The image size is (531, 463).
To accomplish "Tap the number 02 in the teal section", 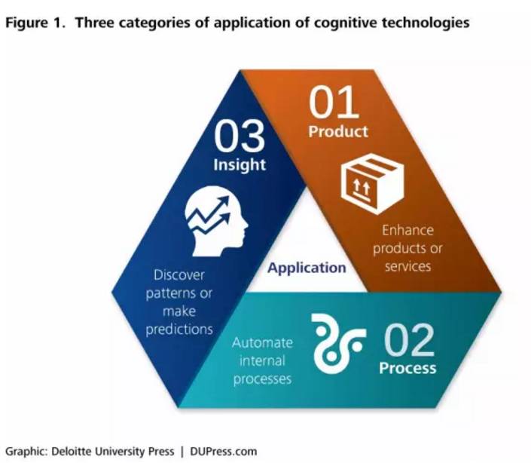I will click(x=410, y=341).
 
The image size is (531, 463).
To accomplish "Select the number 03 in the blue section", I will click(x=240, y=137).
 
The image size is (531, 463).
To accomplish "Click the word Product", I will click(x=338, y=131).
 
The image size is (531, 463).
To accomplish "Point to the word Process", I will click(x=407, y=368).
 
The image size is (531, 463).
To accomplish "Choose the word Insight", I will click(x=240, y=164).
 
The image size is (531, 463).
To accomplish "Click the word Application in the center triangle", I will click(x=307, y=268).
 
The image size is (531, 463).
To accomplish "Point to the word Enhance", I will click(x=407, y=230).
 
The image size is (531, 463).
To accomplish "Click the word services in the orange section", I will click(x=407, y=266).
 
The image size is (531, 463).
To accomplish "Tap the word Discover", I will click(x=179, y=275).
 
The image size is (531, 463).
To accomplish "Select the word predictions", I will click(x=179, y=329).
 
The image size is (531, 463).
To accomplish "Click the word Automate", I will click(x=261, y=342).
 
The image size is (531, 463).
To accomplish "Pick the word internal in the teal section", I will click(x=261, y=360).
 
